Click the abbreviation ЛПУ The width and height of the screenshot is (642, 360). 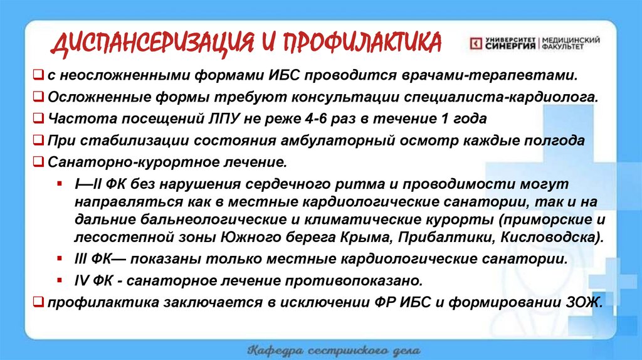[211, 119]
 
